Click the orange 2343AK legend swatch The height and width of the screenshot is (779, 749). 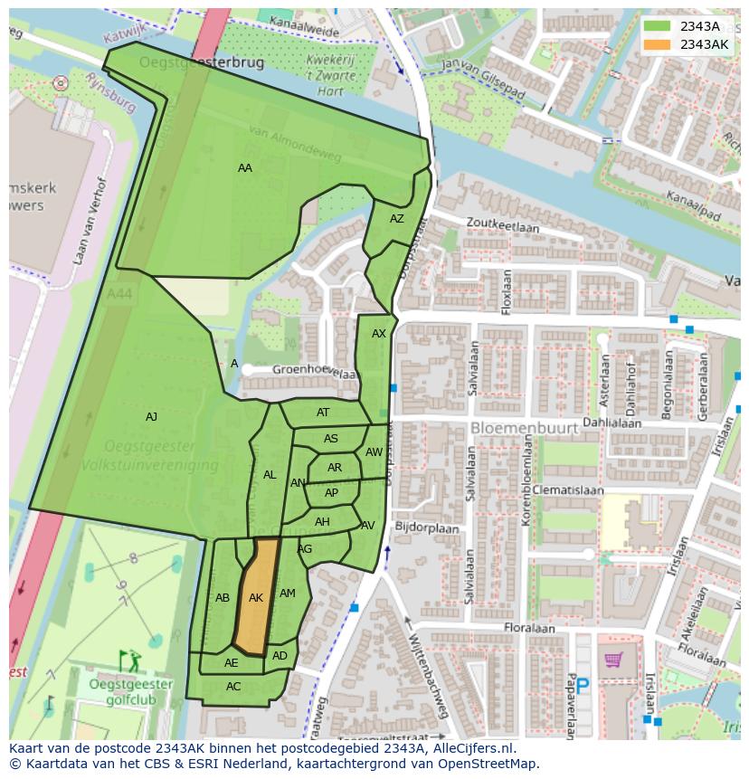[658, 44]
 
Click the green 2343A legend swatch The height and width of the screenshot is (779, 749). [658, 26]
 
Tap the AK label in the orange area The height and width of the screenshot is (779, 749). [256, 598]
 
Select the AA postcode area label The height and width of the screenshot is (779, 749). [245, 167]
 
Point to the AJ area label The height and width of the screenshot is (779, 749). [151, 417]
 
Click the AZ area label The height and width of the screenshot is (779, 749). [397, 219]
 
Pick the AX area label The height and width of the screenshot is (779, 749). [379, 334]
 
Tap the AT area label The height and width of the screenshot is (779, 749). [323, 413]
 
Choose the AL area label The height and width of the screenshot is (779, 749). [270, 475]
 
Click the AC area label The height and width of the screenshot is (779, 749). [233, 687]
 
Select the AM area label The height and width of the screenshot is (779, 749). [288, 594]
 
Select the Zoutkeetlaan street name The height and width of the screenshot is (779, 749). [502, 226]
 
